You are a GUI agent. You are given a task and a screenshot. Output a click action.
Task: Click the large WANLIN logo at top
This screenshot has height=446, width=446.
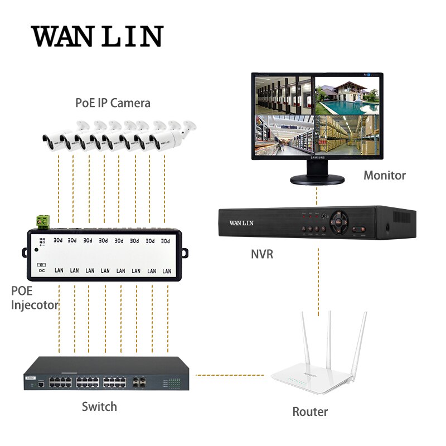click(96, 36)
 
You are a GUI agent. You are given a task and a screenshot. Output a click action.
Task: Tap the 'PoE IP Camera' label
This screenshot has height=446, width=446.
click(113, 103)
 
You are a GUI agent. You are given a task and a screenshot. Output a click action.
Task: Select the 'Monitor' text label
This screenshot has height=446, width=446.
click(385, 175)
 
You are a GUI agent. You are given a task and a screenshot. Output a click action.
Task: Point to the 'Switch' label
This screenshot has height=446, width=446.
click(99, 406)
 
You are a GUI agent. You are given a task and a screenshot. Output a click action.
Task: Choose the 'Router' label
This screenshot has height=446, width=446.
click(310, 411)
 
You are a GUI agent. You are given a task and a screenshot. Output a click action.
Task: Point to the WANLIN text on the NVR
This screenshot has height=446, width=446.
click(241, 223)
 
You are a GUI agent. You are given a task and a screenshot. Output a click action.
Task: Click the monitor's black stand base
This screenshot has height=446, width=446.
click(317, 180)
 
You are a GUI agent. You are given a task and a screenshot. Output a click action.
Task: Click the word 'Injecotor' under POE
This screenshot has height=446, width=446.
click(35, 305)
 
